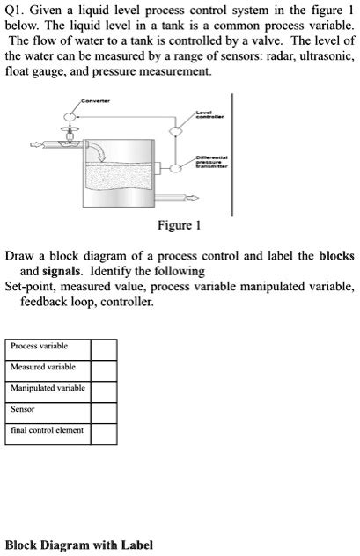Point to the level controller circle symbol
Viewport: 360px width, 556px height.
coord(174,131)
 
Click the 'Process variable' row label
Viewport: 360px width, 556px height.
coord(39,347)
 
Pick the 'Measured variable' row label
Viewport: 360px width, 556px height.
coord(42,367)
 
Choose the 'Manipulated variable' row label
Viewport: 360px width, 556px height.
coord(48,388)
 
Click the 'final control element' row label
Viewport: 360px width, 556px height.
coord(47,430)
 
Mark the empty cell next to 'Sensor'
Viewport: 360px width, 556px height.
coord(104,410)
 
